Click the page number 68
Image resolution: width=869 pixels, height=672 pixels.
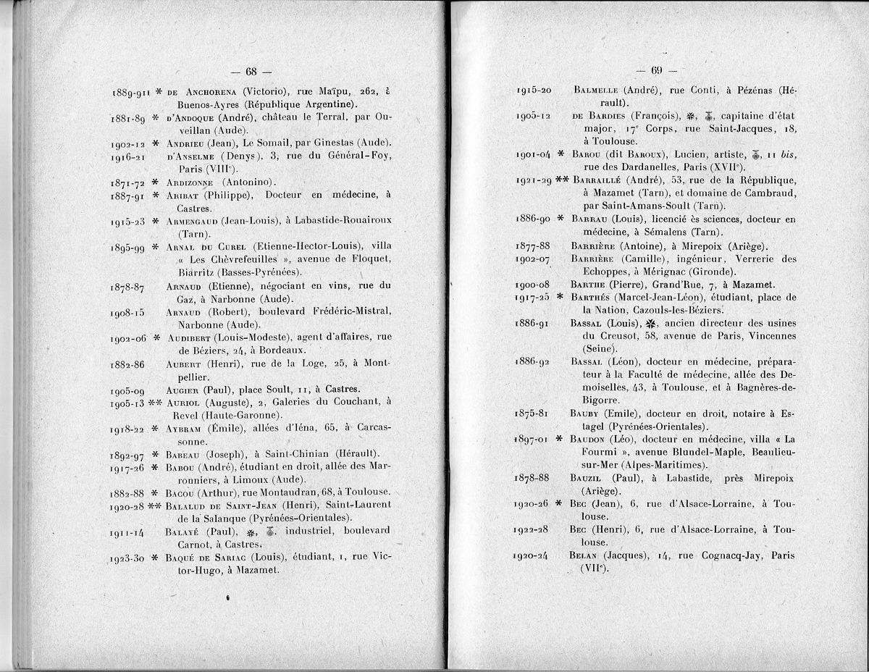click(251, 72)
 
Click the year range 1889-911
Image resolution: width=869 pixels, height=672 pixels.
click(129, 93)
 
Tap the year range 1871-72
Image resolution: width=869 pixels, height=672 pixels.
click(127, 182)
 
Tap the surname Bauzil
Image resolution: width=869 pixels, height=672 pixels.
click(589, 478)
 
